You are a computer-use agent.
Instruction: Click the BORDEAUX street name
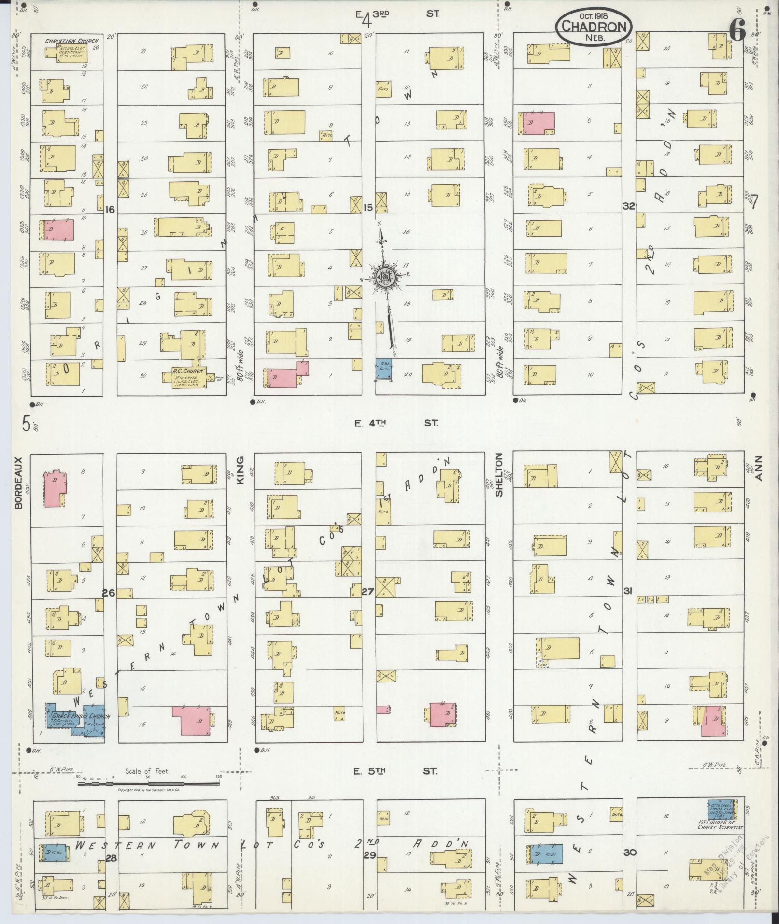tap(19, 483)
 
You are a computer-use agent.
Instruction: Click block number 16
tap(110, 209)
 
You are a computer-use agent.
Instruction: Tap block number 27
tap(368, 591)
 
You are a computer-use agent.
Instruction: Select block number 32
tap(628, 206)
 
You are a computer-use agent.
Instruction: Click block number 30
tap(629, 853)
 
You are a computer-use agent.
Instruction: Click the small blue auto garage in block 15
tap(384, 369)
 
